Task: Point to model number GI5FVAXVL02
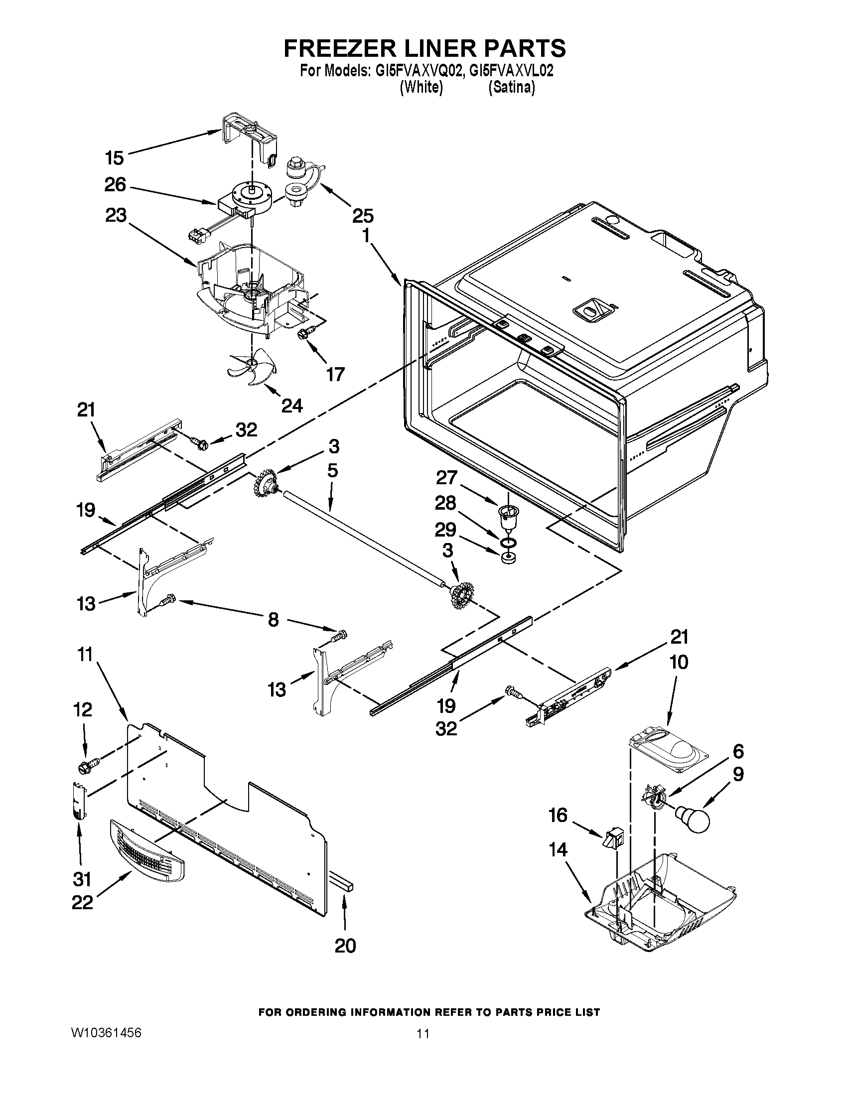pos(511,71)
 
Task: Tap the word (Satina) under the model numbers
pos(511,88)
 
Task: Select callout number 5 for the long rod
pos(332,470)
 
